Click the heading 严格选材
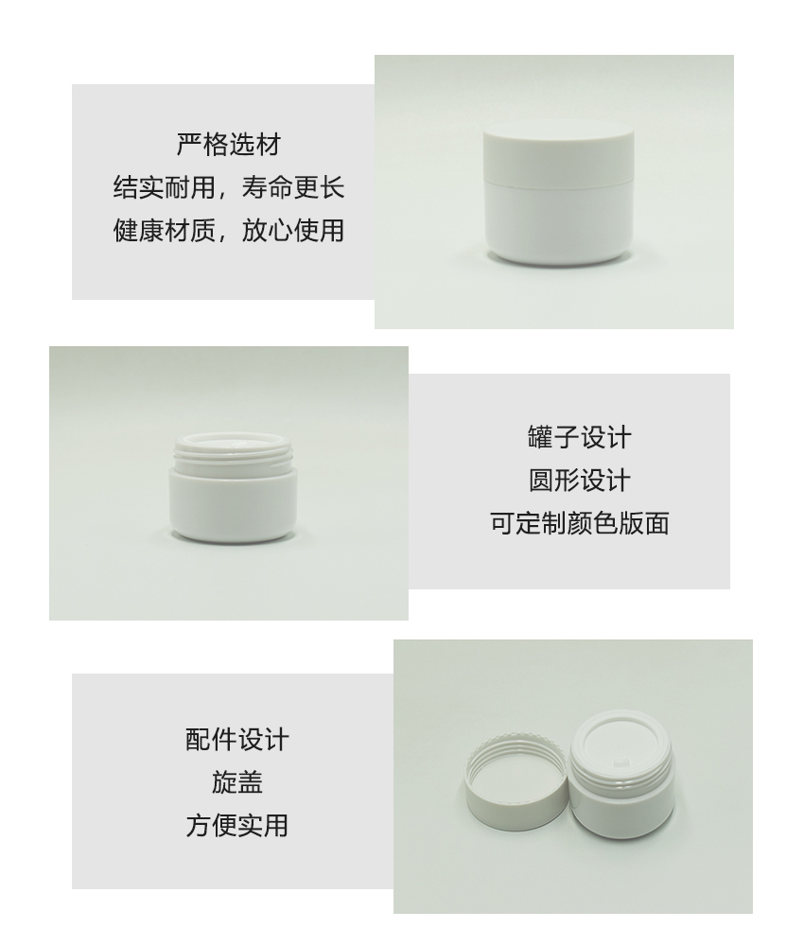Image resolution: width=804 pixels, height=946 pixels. click(x=229, y=145)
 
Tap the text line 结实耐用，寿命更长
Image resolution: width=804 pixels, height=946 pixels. click(x=229, y=187)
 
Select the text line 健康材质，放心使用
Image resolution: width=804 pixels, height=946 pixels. click(x=229, y=231)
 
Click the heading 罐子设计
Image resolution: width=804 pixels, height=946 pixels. click(x=579, y=437)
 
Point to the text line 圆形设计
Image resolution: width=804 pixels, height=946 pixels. click(x=579, y=481)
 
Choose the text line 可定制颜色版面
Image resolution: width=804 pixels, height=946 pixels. click(x=579, y=523)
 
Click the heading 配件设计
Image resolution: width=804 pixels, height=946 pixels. click(x=237, y=740)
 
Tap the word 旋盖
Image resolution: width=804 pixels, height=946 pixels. click(x=237, y=782)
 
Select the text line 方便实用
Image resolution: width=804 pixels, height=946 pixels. click(x=237, y=825)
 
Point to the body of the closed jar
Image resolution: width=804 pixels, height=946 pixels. click(x=558, y=222)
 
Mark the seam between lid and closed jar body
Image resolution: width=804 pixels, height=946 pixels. click(x=558, y=182)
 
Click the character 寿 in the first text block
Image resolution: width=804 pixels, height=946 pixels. click(x=253, y=187)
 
